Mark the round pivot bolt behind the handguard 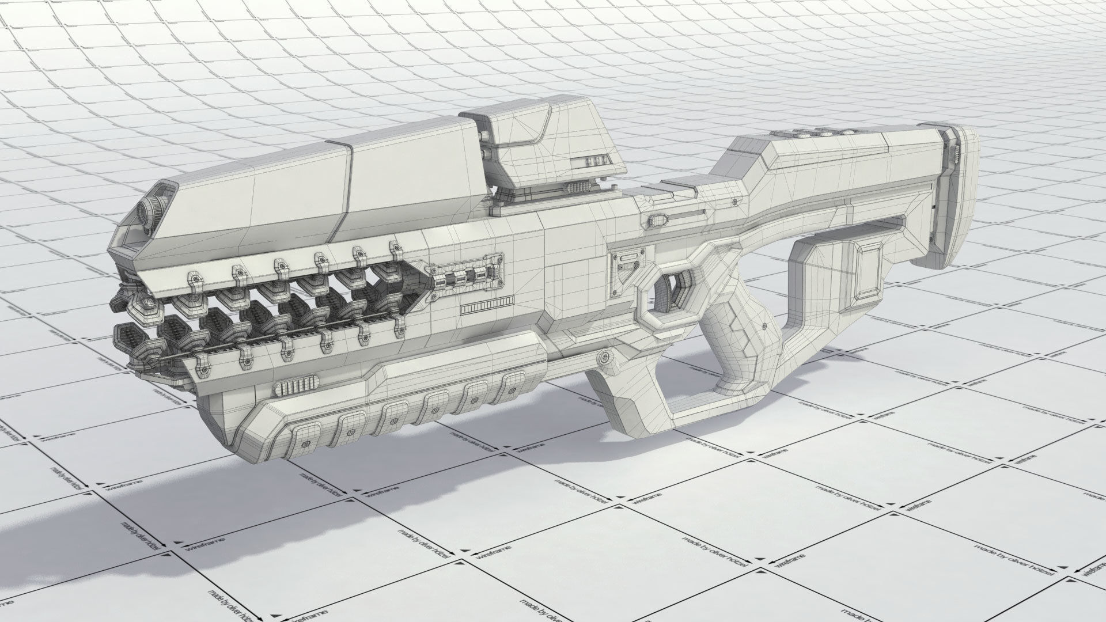(x=604, y=358)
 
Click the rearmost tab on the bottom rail (x=510, y=383)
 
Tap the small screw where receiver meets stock (x=735, y=202)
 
